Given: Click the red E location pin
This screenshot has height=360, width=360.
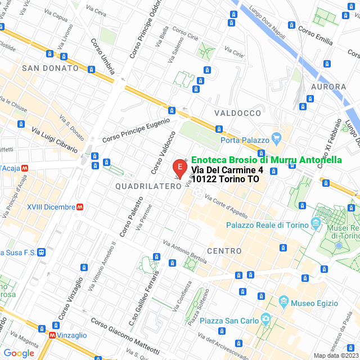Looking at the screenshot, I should pos(179,168).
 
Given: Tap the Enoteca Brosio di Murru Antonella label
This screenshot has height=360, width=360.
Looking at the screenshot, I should pos(266,160).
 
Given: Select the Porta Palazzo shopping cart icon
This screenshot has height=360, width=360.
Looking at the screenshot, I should pos(276,137).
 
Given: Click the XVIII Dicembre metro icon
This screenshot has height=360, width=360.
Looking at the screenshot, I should pos(81,207).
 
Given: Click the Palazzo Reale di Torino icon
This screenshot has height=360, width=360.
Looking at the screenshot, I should pos(316,224).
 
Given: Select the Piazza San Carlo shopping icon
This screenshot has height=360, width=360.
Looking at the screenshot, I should pos(266,321).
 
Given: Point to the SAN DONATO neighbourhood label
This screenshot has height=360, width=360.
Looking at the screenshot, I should pos(50,68).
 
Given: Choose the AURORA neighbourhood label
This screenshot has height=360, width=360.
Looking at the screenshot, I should pos(328,87).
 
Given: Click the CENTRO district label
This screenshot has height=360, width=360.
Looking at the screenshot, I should pos(224,250).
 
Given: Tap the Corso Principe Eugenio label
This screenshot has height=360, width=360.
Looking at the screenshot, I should pos(136,130).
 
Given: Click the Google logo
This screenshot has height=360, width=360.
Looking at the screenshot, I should pos(19,353).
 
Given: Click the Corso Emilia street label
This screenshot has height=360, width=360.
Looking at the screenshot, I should pos(316,34).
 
